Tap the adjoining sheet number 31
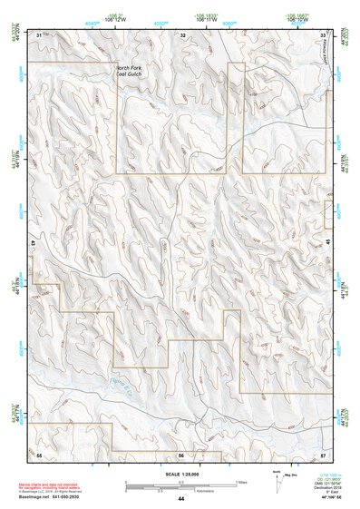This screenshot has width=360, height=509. click(39, 34)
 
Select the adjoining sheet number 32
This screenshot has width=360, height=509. click(182, 34)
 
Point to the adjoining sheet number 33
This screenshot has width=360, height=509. click(324, 34)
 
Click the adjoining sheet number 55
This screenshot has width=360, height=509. click(39, 454)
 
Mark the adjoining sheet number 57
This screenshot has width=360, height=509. click(324, 454)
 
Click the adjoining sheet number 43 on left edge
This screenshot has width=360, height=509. click(33, 244)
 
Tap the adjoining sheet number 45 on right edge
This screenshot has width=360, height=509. click(329, 244)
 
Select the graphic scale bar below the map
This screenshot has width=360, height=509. click(180, 483)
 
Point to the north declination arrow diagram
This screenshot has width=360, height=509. click(278, 482)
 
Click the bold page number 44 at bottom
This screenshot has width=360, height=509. click(180, 499)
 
